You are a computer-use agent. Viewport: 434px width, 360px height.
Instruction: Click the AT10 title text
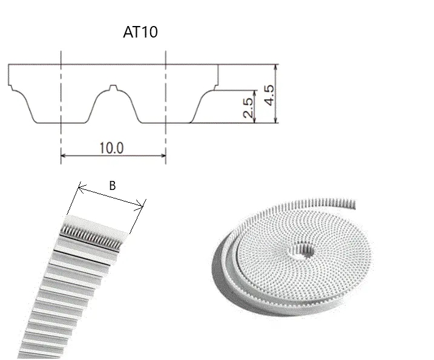click(140, 31)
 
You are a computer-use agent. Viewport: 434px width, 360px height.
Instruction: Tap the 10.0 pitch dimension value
click(111, 148)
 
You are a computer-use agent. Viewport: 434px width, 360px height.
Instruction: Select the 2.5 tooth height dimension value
click(248, 108)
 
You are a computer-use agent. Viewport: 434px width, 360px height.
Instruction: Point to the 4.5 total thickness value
click(269, 95)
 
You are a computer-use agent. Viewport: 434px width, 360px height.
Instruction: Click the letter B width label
click(112, 186)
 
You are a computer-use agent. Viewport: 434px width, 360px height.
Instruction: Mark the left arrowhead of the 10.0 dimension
click(63, 155)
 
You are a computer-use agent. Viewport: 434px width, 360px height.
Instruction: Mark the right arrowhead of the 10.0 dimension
click(163, 155)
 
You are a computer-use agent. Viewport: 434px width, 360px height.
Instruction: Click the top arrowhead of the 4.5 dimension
click(275, 67)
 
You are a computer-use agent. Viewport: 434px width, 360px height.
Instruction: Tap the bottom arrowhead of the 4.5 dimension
click(275, 120)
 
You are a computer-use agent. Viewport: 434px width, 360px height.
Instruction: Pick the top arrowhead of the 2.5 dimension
click(255, 93)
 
